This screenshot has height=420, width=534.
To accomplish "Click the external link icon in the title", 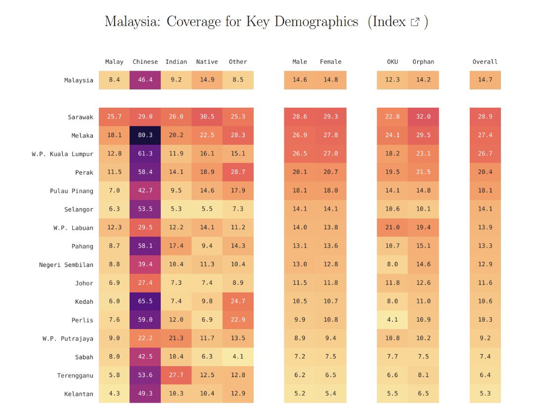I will click(415, 22).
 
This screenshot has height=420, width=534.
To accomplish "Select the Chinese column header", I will click(145, 62).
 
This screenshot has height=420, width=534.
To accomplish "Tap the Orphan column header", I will click(423, 62).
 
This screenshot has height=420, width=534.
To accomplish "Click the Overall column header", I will click(485, 62).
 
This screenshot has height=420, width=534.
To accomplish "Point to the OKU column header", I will click(392, 62).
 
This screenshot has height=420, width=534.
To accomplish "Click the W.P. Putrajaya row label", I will click(68, 338).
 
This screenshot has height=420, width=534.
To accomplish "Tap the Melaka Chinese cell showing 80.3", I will click(145, 135).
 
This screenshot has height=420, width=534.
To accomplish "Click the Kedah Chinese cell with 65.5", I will click(145, 301).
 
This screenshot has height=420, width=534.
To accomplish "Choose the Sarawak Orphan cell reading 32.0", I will click(423, 117).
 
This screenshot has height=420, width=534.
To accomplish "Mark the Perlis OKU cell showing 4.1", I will click(392, 320).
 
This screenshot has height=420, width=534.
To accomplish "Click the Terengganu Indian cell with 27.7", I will click(176, 376).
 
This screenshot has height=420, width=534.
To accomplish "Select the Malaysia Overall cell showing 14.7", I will click(485, 80).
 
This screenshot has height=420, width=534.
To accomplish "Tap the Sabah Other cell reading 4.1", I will click(238, 357).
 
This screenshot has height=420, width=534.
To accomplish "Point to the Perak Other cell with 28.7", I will click(238, 172).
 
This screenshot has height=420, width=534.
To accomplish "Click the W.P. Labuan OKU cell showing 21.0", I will click(392, 228).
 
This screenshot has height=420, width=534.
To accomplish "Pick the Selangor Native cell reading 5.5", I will click(207, 210).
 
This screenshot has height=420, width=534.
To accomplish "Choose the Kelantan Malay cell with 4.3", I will click(114, 394).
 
